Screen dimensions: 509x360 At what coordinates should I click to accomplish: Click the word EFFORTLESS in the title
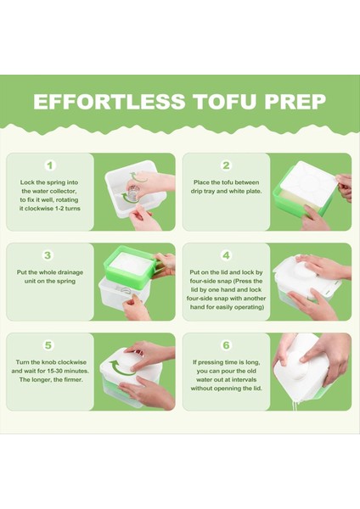point(106,102)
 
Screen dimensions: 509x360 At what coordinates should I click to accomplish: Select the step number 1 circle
point(50,165)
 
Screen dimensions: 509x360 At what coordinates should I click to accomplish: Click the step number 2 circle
point(226,165)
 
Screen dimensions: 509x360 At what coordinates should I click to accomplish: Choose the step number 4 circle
point(226,255)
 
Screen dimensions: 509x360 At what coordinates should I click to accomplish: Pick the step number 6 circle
point(226,345)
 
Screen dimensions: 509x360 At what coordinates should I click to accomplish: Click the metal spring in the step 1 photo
point(131,187)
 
